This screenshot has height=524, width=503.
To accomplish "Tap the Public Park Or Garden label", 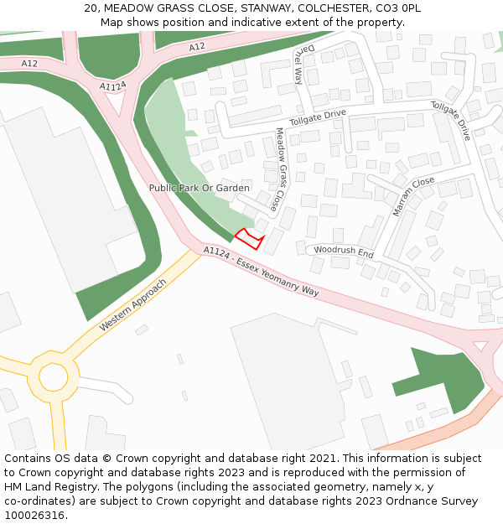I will point(199,188).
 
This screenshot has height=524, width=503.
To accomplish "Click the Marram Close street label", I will point(413,195).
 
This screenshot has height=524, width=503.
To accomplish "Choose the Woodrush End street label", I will point(344,252).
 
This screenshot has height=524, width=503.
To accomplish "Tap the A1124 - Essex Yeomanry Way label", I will point(261,272).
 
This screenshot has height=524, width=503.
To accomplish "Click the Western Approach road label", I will point(132,304).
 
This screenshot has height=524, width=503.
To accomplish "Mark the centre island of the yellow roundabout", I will point(54,377).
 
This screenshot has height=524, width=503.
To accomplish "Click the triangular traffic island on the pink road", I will point(480,345).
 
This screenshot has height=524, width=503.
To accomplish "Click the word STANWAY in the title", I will point(266,8).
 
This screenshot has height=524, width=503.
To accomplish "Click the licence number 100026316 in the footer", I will point(35,515).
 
